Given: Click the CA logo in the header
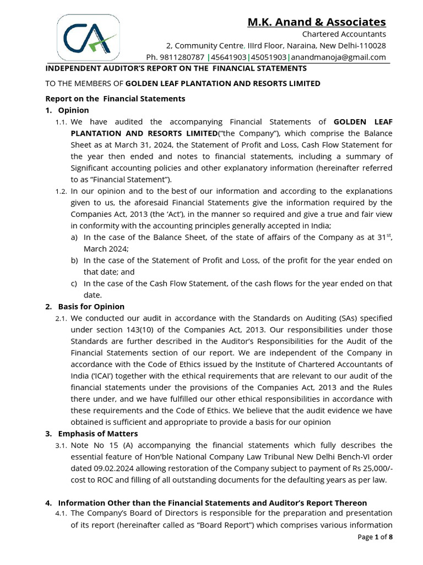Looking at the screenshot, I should [89, 37].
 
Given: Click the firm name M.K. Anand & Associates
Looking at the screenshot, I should [316, 22].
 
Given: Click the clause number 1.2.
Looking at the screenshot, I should [61, 191].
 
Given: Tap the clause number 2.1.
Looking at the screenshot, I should [61, 319].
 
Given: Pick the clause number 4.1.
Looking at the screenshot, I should [61, 514].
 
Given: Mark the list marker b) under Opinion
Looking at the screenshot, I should [74, 260].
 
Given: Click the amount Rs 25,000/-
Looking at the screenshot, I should [369, 468].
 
